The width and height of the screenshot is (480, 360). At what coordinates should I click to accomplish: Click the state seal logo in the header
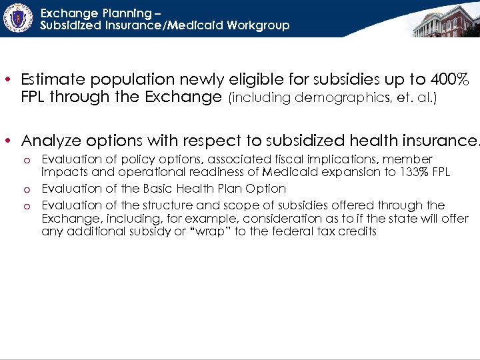click(19, 18)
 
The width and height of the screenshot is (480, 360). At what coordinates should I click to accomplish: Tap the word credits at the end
click(357, 232)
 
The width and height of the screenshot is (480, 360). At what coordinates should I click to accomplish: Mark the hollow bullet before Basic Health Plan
click(26, 189)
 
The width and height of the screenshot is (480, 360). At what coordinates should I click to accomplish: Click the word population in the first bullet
click(135, 79)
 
